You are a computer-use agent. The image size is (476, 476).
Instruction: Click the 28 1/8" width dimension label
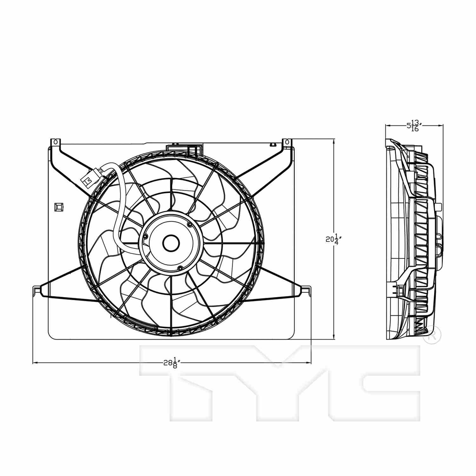click(x=172, y=362)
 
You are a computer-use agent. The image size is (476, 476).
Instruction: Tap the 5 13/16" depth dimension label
click(x=414, y=126)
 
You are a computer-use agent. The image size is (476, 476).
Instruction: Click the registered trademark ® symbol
click(x=432, y=334)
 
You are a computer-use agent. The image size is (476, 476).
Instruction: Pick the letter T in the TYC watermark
click(x=190, y=381)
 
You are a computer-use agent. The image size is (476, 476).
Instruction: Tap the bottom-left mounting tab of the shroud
click(x=37, y=289)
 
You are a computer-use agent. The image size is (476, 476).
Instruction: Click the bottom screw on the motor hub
click(x=180, y=268)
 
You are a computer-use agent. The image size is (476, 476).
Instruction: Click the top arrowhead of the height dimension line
click(x=334, y=142)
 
